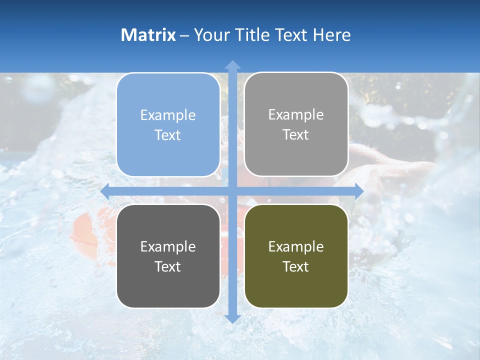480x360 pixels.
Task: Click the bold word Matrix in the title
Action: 148,35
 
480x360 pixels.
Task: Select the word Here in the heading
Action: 331,35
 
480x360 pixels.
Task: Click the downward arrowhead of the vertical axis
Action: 232,318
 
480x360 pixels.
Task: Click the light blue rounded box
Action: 168,125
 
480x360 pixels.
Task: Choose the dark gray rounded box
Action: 168,256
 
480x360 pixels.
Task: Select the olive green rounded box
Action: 296,256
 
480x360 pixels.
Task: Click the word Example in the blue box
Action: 168,115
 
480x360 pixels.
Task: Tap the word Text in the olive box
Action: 296,267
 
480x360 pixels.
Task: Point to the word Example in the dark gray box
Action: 168,247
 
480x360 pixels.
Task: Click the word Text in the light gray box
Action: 296,135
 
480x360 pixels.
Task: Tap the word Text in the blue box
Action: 168,135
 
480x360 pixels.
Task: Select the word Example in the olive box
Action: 296,247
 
